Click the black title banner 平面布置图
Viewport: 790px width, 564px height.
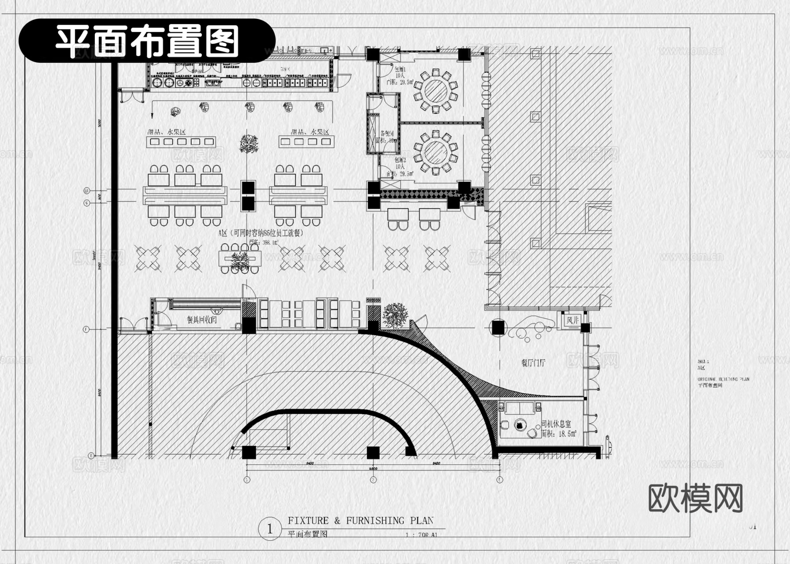[147, 40]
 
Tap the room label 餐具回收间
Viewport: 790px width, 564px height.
[202, 320]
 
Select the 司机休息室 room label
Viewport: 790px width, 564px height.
[556, 424]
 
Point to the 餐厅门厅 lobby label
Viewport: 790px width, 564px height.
[533, 363]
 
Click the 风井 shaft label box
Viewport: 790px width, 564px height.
[573, 320]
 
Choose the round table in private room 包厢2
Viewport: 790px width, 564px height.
[435, 151]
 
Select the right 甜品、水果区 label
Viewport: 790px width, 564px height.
[310, 132]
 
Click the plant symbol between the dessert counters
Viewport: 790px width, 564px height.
[248, 143]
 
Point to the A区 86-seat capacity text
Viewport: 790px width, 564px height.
[261, 233]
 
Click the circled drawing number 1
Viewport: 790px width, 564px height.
[270, 529]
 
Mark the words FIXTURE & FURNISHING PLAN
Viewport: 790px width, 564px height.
[360, 521]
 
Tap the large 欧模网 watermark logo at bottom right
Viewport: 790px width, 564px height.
[695, 498]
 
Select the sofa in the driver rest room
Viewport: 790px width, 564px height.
[520, 408]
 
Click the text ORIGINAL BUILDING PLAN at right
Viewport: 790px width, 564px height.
[723, 379]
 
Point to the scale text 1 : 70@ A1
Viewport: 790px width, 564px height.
[421, 535]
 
